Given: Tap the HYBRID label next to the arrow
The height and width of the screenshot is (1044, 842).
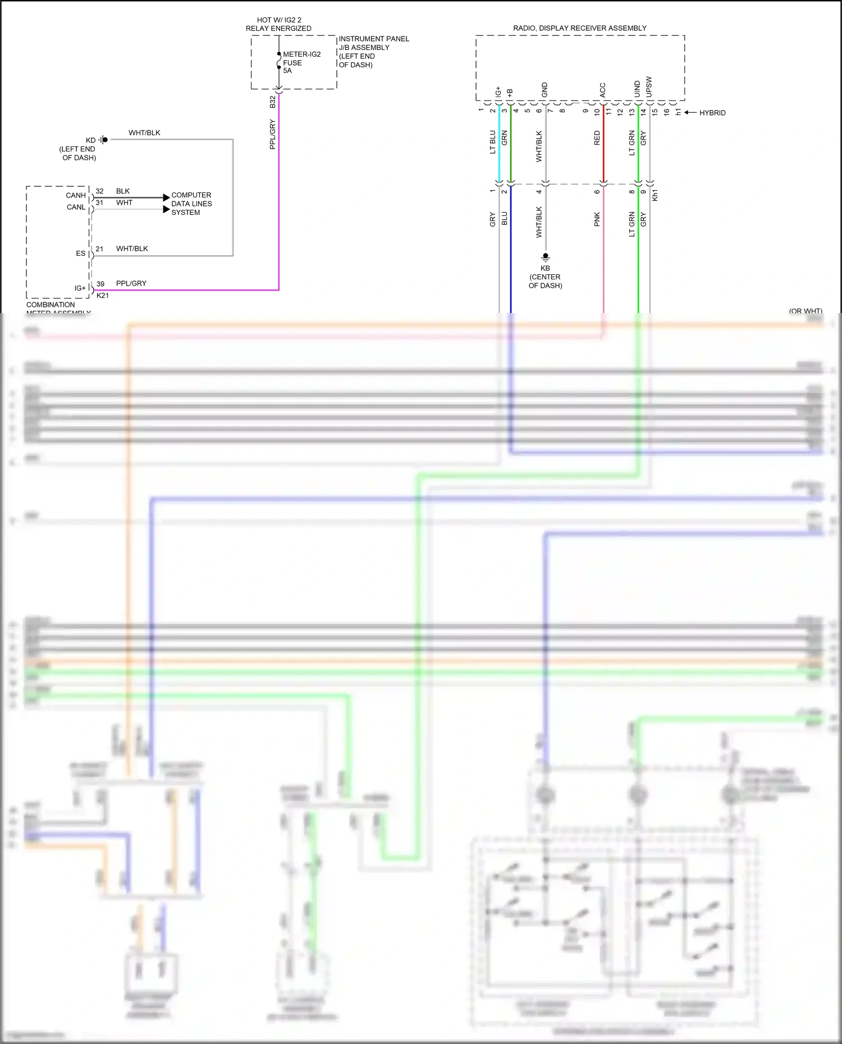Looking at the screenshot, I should [712, 113].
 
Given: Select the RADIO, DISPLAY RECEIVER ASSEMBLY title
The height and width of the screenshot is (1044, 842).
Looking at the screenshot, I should [579, 28].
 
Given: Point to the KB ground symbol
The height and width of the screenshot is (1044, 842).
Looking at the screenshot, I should [545, 257].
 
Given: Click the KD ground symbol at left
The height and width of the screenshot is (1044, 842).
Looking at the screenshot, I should [103, 140].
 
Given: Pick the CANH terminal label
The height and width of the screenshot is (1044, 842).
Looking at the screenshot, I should [76, 195].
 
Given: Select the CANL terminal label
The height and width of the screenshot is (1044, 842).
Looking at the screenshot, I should [76, 207].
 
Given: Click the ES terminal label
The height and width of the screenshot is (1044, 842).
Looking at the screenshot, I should [81, 254].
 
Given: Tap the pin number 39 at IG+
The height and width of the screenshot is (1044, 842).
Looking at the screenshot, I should [100, 284].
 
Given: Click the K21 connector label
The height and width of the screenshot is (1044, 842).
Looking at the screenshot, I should [103, 296].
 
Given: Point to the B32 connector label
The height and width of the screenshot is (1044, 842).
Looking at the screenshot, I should [273, 102].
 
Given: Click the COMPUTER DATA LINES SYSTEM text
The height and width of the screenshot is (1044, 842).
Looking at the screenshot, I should [191, 204].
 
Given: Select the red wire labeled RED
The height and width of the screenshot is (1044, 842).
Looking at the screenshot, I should [603, 146].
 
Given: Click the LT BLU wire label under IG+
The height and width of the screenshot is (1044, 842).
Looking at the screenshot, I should [493, 142].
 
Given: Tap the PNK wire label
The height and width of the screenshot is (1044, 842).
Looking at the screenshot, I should [597, 219].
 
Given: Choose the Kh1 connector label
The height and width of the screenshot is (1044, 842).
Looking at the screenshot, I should [655, 195].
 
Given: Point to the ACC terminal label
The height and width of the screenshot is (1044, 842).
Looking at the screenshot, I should [603, 90].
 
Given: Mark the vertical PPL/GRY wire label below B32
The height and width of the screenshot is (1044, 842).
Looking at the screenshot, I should [273, 134].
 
